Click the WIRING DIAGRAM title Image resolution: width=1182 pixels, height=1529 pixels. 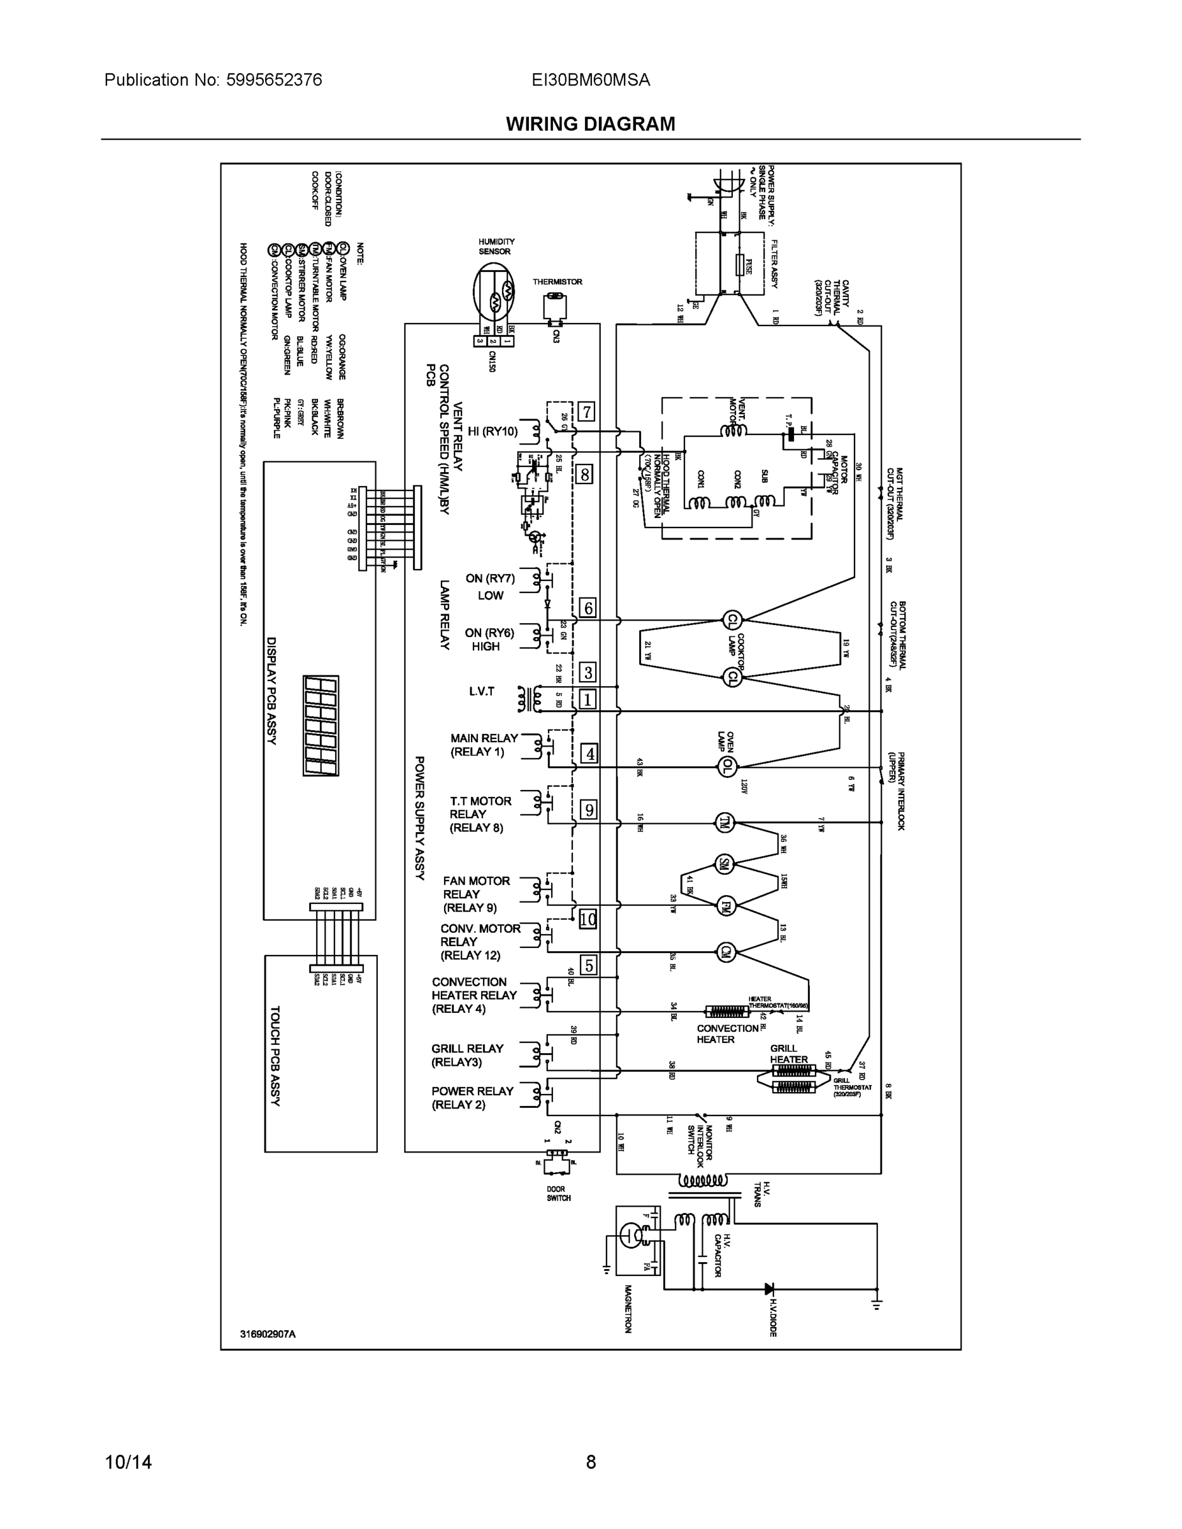pos(590,124)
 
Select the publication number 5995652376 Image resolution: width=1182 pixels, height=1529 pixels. pos(274,80)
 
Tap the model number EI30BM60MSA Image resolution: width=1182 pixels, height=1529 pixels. pos(590,80)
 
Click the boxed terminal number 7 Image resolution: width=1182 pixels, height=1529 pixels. pos(586,412)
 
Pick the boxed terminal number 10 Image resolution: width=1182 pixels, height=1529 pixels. pos(587,919)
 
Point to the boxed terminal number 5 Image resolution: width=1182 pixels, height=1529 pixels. pos(589,965)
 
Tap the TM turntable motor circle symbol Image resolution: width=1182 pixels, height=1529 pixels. pos(724,822)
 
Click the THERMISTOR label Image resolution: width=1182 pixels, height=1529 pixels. pos(558,282)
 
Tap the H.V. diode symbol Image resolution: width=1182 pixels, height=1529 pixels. pos(769,1288)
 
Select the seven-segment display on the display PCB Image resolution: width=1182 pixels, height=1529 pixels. pos(321,725)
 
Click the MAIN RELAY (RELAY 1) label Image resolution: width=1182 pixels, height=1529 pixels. pos(484,745)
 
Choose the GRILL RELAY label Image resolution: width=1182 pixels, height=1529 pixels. pos(467,1055)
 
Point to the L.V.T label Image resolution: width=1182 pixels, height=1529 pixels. pos(481,692)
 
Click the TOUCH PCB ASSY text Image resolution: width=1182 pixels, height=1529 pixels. pos(275,1056)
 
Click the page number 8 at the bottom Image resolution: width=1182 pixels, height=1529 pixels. pos(590,1462)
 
